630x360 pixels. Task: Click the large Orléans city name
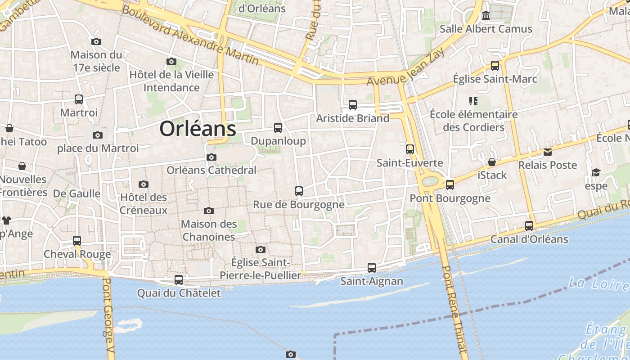pos(198,129)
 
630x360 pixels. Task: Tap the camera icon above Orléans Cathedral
pos(211,157)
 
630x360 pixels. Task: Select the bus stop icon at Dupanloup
pos(278,128)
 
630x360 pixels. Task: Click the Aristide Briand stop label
pos(352,118)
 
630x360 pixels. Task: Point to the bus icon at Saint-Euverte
pos(410,149)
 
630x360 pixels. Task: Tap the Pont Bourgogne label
pos(450,198)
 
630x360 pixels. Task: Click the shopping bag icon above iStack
pos(492,162)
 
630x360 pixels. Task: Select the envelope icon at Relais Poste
pos(547,152)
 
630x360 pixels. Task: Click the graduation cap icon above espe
pos(596,173)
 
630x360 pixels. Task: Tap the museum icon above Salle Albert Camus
pos(486,16)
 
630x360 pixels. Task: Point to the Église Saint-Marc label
pos(495,79)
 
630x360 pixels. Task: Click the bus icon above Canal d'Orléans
pos(529,226)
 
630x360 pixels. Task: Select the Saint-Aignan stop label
pos(372,282)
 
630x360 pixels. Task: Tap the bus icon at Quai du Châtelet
pos(179,280)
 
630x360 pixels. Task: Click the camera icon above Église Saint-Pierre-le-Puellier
pos(260,249)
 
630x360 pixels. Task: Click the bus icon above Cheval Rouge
pos(77,241)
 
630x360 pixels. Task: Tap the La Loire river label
pos(598,284)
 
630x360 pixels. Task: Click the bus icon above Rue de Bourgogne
pos(299,191)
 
